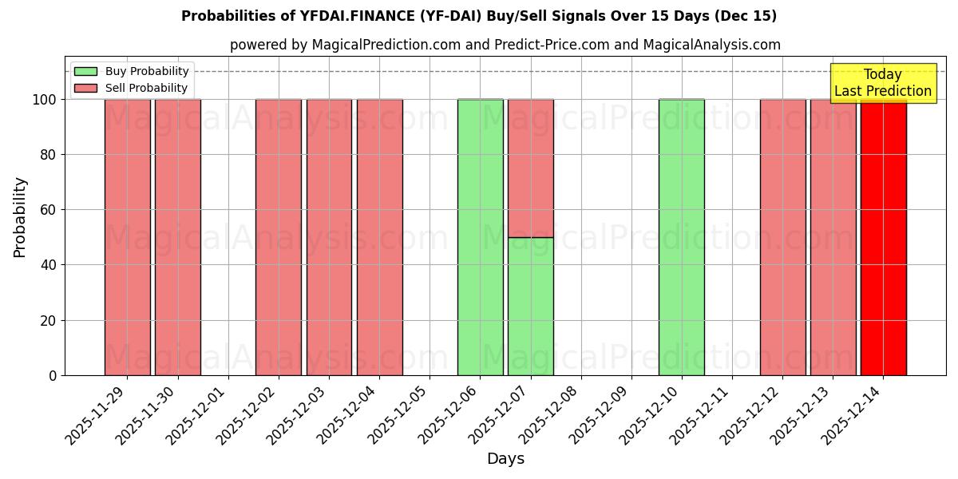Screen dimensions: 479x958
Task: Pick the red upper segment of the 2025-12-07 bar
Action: point(530,168)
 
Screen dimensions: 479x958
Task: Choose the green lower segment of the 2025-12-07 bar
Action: point(530,307)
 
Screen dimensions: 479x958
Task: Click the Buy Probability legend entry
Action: point(132,71)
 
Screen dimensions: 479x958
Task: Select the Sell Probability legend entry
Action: point(132,88)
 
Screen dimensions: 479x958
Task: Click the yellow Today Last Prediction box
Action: point(883,83)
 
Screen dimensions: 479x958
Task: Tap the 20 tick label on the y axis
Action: point(50,321)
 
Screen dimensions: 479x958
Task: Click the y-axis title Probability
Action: point(20,216)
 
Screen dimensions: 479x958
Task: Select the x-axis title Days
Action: point(505,459)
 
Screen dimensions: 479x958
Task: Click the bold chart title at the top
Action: point(479,16)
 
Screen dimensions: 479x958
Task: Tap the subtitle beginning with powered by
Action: point(505,45)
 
